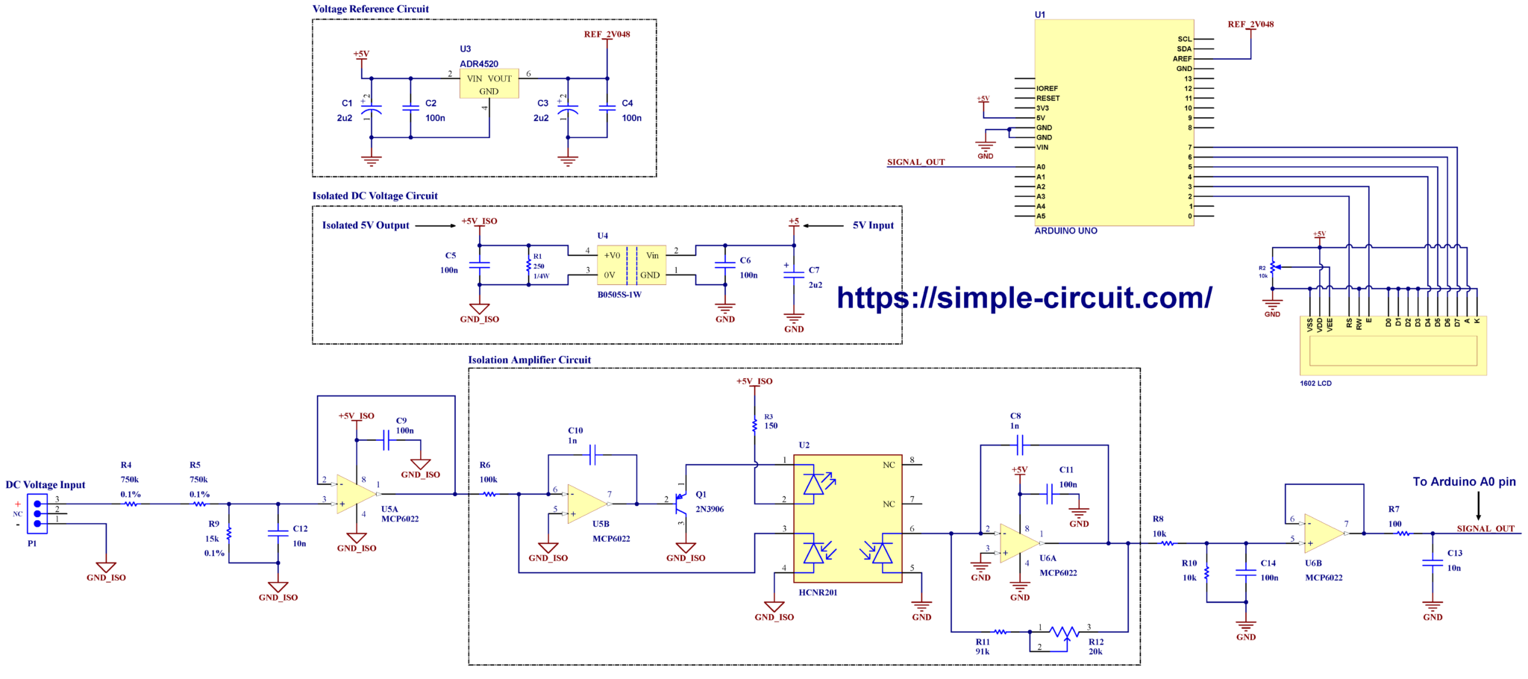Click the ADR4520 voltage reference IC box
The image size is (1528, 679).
(x=489, y=84)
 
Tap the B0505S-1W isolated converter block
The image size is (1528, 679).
(x=631, y=265)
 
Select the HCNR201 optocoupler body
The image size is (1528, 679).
(x=848, y=519)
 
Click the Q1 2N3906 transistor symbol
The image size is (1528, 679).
(x=680, y=504)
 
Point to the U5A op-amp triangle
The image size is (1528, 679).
(x=355, y=493)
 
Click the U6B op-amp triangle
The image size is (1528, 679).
(x=1324, y=533)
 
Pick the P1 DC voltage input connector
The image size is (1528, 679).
(x=37, y=513)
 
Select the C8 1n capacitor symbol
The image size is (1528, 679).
(x=1019, y=445)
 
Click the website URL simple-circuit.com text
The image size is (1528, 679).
(x=1024, y=298)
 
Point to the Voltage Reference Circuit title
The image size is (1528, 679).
(x=370, y=9)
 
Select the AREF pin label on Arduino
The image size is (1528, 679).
(x=1182, y=59)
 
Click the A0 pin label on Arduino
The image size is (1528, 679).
(x=1041, y=167)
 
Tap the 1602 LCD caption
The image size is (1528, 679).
(x=1315, y=384)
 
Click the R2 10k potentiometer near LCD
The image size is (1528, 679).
(x=1274, y=268)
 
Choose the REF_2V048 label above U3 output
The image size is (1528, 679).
(x=607, y=34)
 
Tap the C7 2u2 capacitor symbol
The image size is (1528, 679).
(x=794, y=274)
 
